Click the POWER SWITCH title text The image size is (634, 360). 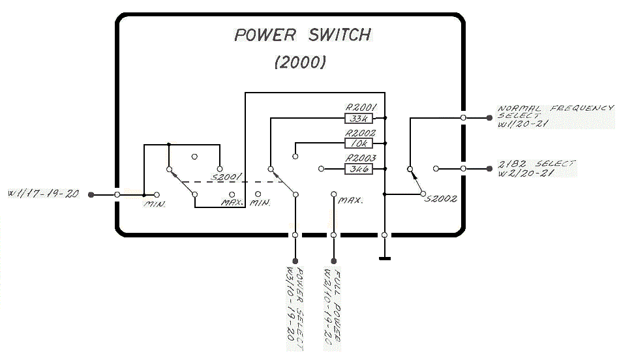[303, 35]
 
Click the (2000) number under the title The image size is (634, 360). [300, 63]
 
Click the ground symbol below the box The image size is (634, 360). [385, 258]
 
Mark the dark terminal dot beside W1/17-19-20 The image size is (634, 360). [91, 194]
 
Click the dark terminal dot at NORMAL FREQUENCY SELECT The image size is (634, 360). [489, 118]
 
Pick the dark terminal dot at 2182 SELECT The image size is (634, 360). [489, 169]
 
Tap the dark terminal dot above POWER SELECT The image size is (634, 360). [295, 261]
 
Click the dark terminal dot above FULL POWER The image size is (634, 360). [333, 261]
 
